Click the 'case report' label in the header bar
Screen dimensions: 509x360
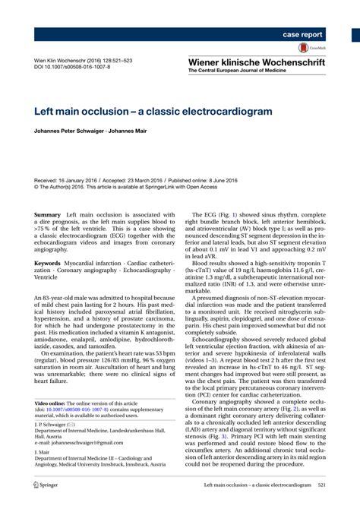[302, 35]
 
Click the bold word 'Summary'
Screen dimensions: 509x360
[50, 217]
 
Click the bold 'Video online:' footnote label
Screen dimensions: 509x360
[55, 402]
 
